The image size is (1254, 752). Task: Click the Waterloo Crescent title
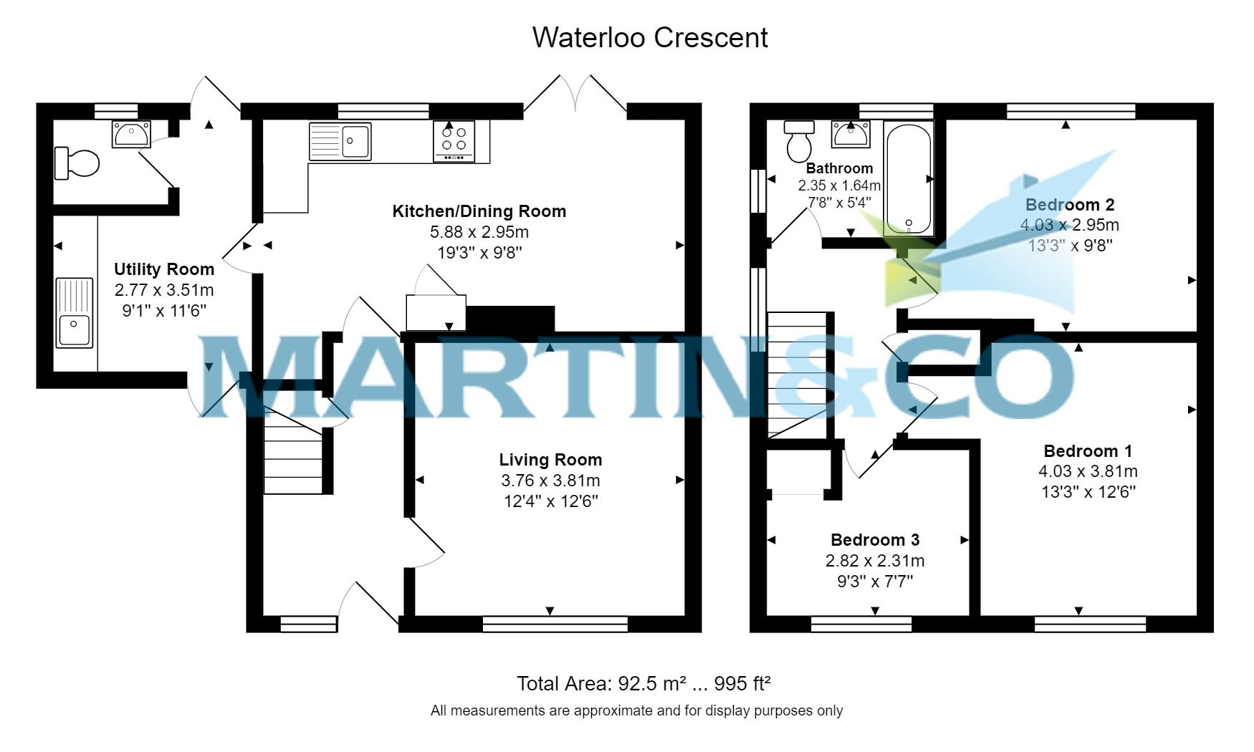(649, 37)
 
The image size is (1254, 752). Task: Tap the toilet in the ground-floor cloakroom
(77, 163)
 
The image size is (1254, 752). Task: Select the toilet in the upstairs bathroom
(798, 141)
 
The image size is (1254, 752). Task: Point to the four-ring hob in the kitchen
(454, 140)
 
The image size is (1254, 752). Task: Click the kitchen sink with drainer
(340, 141)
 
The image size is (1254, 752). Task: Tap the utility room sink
(75, 312)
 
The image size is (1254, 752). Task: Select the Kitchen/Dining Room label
(479, 211)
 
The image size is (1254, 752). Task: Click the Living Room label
(550, 460)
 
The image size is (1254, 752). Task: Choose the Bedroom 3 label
(874, 540)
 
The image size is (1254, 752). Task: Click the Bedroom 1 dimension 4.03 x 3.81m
(1087, 471)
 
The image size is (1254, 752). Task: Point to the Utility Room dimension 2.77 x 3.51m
(164, 290)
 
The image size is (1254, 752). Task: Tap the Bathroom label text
(839, 168)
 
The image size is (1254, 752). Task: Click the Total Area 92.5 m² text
(643, 683)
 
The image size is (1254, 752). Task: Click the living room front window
(555, 625)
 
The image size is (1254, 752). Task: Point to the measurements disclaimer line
(636, 710)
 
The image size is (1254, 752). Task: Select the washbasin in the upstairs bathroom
(851, 135)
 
